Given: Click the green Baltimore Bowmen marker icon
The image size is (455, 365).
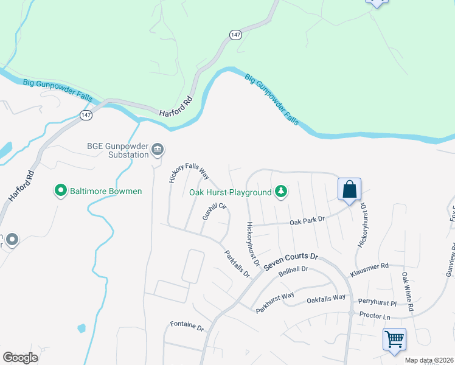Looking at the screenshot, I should (x=61, y=191).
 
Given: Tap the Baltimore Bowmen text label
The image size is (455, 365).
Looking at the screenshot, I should (x=106, y=192).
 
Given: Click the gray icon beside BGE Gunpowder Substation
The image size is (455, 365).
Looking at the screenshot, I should (x=158, y=148).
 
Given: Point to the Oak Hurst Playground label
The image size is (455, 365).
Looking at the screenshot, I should (x=230, y=193).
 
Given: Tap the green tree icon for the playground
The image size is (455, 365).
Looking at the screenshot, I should (x=280, y=192).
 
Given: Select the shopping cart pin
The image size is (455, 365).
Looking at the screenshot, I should (x=394, y=338).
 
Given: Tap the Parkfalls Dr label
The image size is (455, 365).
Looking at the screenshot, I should (x=237, y=263).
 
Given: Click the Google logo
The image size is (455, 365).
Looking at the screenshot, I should (x=20, y=358).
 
